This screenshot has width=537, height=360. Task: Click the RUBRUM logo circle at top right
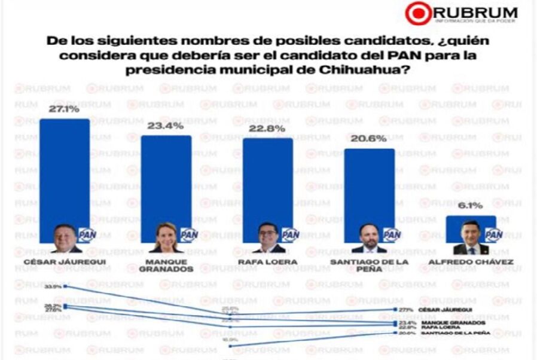tap(417, 13)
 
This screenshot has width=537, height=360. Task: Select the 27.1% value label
tap(64, 111)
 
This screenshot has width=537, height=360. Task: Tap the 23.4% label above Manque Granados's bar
tap(166, 126)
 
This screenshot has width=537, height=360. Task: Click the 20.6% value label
tap(369, 140)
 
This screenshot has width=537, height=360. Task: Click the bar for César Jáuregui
tap(65, 173)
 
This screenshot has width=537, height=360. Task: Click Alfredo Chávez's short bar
tap(471, 220)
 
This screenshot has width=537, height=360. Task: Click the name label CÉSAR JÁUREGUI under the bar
tap(64, 261)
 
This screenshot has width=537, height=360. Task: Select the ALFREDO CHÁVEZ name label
tap(471, 261)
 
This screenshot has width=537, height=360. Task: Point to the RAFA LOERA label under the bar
tap(267, 261)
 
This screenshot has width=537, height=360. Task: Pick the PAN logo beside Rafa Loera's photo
tap(290, 235)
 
